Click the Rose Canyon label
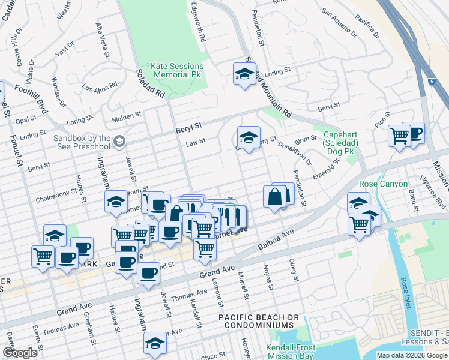(x=383, y=184)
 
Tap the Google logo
(x=19, y=353)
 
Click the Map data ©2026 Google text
(x=412, y=355)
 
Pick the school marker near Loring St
(x=244, y=75)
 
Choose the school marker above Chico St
(x=154, y=344)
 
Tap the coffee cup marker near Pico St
(x=413, y=133)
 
